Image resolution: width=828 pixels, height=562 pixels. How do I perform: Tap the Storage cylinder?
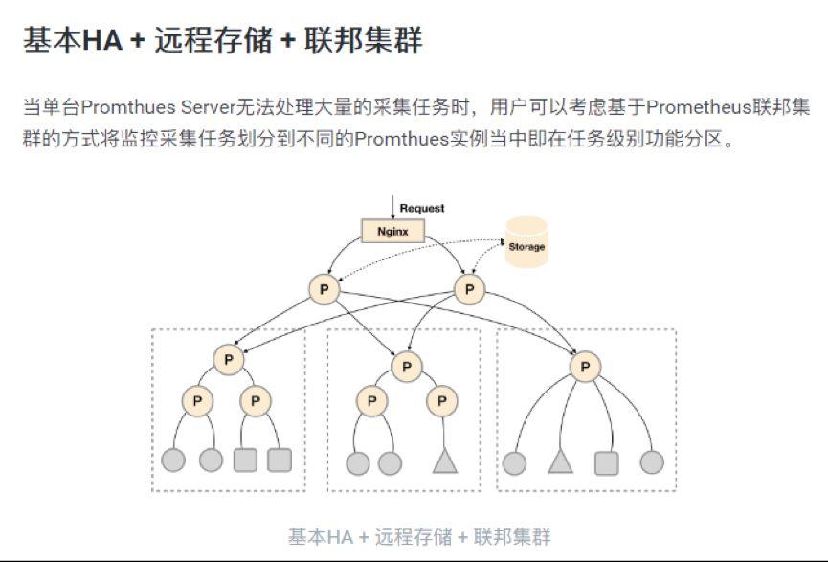pos(526,244)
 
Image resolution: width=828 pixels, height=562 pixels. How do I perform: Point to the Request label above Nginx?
pos(422,208)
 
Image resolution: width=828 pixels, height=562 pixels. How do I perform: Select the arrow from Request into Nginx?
pos(392,208)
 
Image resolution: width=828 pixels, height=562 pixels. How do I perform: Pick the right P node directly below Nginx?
pos(468,289)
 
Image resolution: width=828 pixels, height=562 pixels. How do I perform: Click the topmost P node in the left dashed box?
pos(228,360)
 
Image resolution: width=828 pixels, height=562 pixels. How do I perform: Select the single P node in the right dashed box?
pos(584,366)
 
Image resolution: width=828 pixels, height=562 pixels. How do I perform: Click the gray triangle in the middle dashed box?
pos(442,461)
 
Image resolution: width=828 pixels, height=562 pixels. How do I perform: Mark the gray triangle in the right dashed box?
pos(561,462)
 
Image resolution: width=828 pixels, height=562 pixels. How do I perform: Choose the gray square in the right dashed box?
pos(606,463)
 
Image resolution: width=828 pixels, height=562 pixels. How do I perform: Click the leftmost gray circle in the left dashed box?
pos(173,461)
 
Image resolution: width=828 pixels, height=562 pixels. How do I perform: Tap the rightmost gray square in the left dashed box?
pos(280,461)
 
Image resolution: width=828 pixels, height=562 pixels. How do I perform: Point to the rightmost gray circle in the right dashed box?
pos(652,463)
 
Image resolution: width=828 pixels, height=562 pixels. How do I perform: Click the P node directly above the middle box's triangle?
pos(441,401)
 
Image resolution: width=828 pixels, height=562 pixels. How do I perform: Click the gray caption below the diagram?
pos(419,536)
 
